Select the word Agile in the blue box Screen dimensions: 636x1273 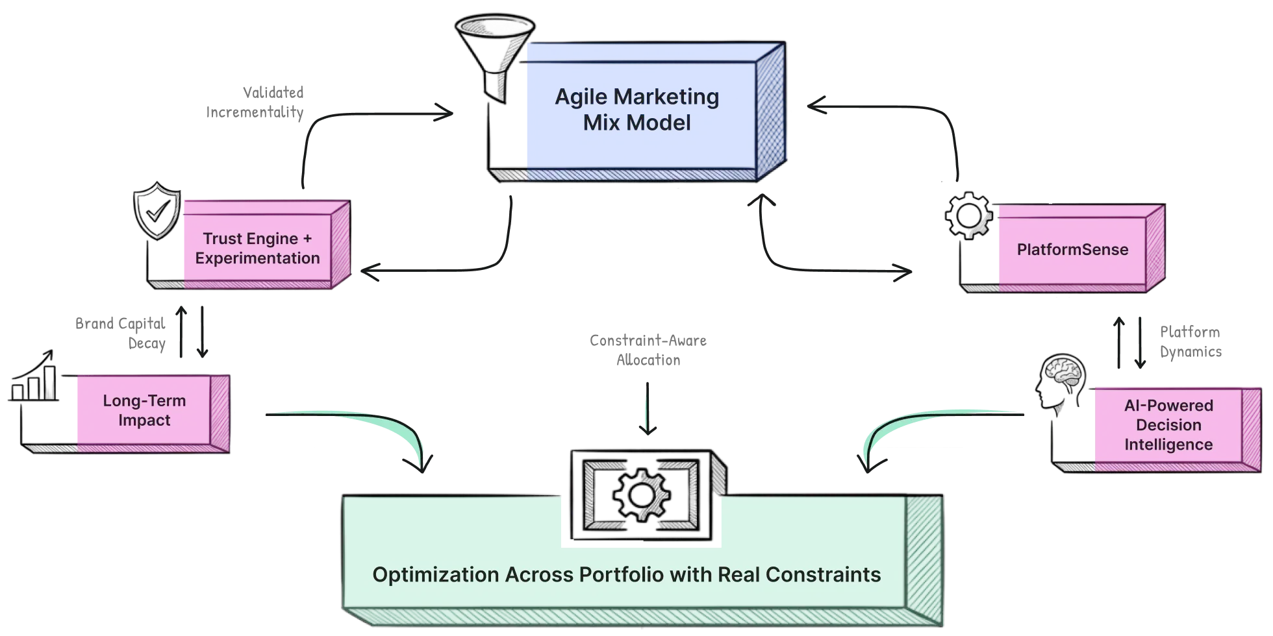581,97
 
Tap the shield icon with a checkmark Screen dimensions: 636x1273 156,212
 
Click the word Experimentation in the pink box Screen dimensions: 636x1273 257,258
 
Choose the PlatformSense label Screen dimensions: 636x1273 1072,250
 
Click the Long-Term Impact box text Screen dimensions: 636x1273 144,410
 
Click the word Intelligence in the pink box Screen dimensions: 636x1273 1168,445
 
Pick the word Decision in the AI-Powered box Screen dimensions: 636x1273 1168,425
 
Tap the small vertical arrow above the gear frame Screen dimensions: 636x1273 647,406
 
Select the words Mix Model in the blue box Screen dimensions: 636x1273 636,123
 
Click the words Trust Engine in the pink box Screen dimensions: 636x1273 250,239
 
